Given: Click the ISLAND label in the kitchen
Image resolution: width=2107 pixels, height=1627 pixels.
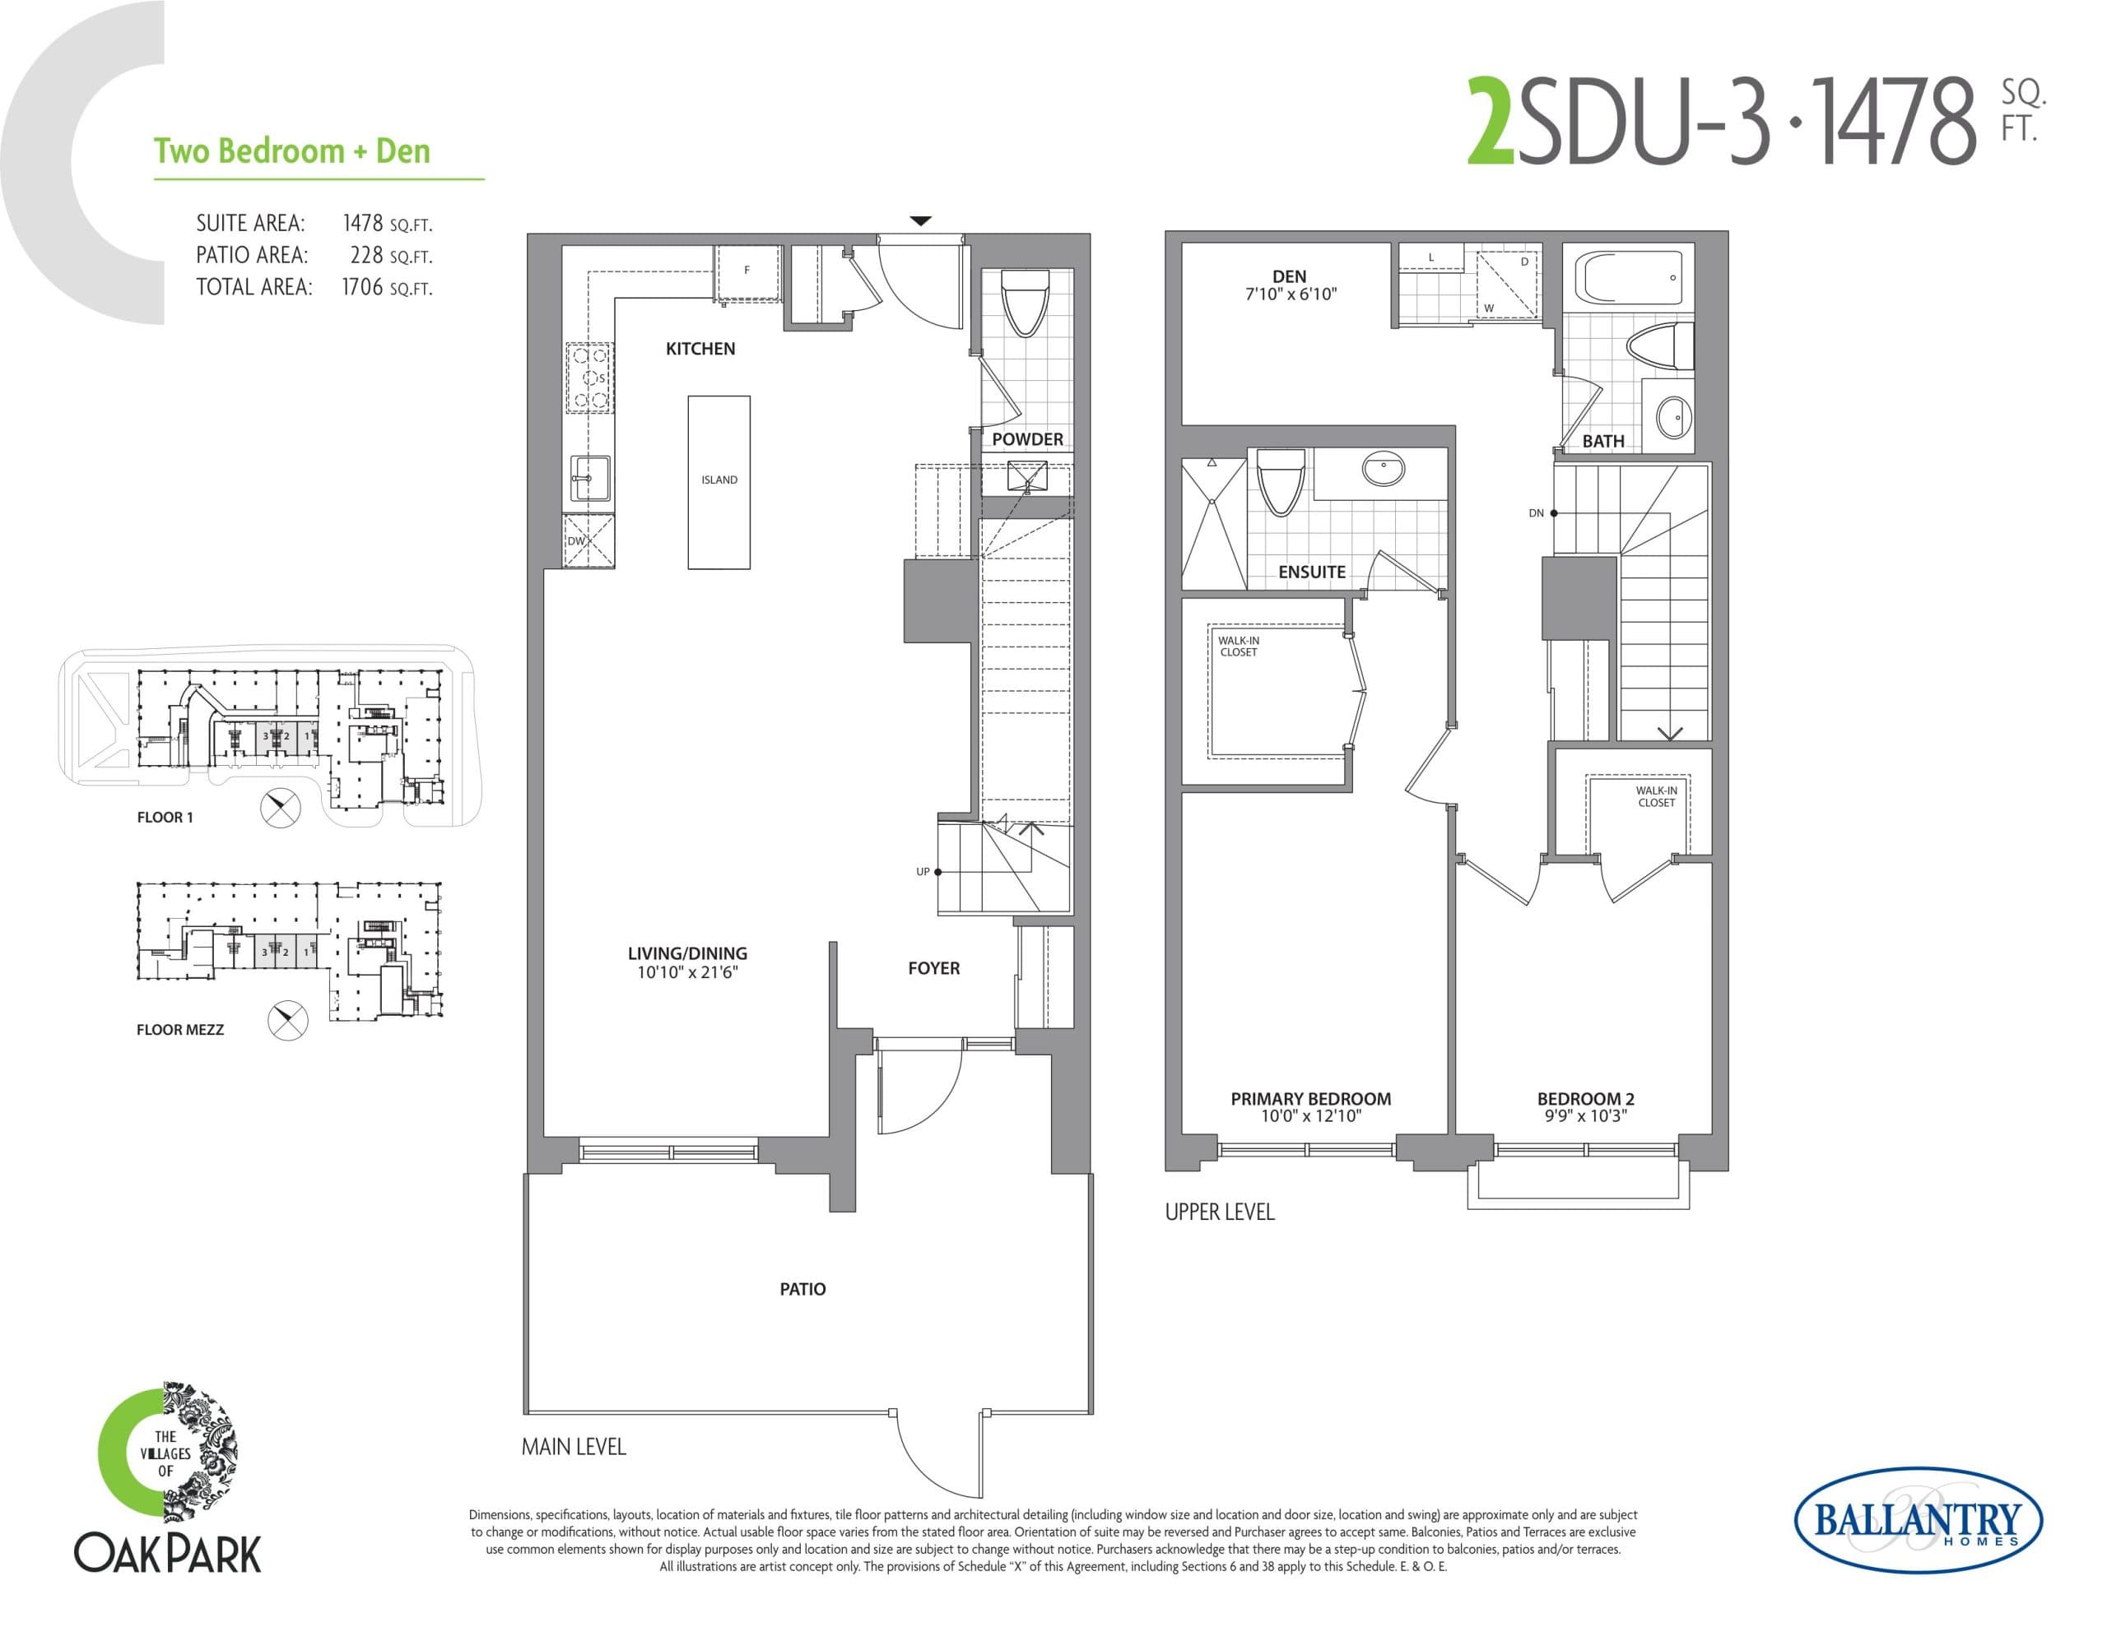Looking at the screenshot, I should coord(719,480).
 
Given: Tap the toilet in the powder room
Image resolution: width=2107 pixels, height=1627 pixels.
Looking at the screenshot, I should coord(1025,301).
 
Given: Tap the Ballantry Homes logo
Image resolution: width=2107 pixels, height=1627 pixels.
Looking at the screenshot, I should coord(1917,1521).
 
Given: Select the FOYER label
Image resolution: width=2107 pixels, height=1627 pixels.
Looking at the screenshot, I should coord(933,968).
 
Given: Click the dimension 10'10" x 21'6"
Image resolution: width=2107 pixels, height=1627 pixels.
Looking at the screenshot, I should coord(687,973).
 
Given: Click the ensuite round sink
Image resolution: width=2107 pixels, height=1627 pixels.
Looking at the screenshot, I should coord(1383,470).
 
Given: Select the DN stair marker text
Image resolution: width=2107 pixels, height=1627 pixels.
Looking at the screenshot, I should coord(1536,513).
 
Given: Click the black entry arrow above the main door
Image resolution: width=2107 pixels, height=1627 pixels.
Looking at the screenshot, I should coord(920,222).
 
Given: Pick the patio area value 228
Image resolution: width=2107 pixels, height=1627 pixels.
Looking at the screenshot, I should coord(366,256).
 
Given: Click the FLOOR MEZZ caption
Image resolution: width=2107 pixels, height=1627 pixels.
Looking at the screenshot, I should coord(179,1030).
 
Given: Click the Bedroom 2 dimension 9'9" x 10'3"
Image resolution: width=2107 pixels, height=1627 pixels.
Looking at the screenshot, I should coord(1585,1116).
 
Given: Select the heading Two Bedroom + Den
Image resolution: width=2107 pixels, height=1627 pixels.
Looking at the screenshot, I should coord(291,151).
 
